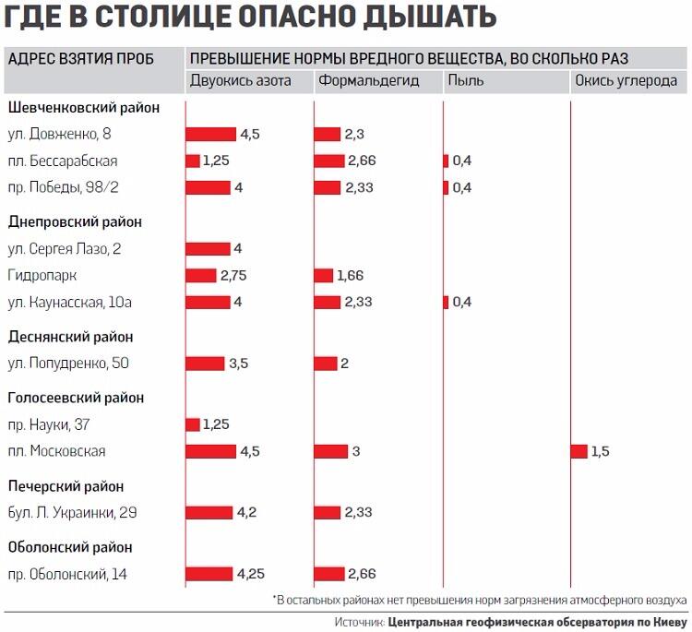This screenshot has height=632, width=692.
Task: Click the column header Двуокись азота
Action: (240, 81)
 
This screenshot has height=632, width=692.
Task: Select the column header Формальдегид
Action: (368, 81)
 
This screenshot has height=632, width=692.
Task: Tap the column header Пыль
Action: (465, 81)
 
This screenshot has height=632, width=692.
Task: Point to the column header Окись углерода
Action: (626, 81)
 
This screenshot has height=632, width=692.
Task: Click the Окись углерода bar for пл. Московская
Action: (579, 451)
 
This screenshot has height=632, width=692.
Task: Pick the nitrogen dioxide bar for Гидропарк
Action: (200, 276)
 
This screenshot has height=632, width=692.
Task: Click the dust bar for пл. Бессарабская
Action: (446, 161)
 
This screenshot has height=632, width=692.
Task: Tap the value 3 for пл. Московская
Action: (354, 451)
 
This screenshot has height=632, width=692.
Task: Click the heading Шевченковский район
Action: (84, 107)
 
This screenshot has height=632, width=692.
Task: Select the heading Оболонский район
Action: (70, 547)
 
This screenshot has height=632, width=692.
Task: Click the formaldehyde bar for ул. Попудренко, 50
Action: (325, 364)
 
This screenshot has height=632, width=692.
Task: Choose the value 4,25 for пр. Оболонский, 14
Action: (251, 575)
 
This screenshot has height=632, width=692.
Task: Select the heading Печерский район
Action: (66, 486)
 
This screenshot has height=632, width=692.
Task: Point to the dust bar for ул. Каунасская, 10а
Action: (446, 303)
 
